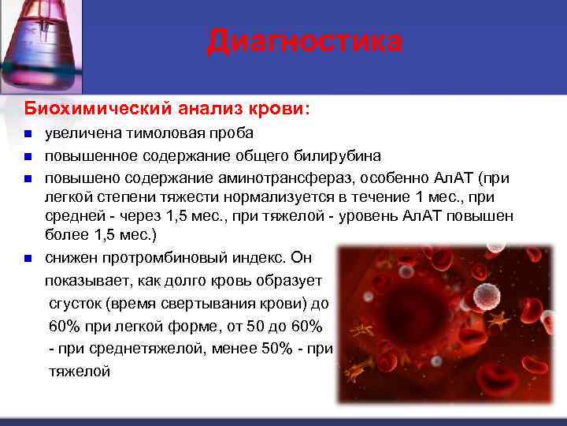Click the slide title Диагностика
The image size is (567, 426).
tap(304, 42)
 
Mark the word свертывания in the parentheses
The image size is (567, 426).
tap(198, 303)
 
